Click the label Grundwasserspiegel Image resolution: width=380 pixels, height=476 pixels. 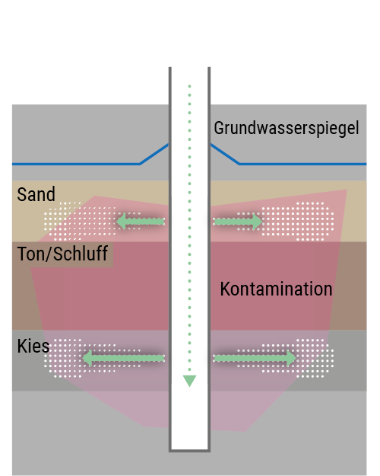pyautogui.click(x=287, y=128)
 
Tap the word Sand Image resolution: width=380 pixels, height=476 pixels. pyautogui.click(x=36, y=194)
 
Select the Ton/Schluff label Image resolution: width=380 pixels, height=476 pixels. pyautogui.click(x=62, y=254)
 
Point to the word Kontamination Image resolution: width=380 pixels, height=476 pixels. pyautogui.click(x=276, y=289)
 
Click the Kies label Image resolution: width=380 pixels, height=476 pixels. pyautogui.click(x=33, y=346)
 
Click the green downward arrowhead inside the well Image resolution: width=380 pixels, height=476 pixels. pyautogui.click(x=189, y=380)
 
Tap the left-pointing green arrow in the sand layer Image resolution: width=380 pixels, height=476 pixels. pyautogui.click(x=141, y=222)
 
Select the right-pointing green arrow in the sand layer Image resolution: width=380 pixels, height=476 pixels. pyautogui.click(x=238, y=222)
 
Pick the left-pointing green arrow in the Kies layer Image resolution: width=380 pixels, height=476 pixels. pyautogui.click(x=123, y=358)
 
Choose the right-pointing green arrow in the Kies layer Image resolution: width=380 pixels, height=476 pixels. pyautogui.click(x=255, y=358)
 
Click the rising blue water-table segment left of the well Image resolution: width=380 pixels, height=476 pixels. pyautogui.click(x=154, y=154)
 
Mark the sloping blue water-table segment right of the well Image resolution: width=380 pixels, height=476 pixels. pyautogui.click(x=225, y=154)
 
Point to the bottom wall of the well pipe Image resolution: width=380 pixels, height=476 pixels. pyautogui.click(x=189, y=451)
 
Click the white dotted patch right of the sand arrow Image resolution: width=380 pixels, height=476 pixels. pyautogui.click(x=298, y=222)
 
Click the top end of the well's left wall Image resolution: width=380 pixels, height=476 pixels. pyautogui.click(x=170, y=67)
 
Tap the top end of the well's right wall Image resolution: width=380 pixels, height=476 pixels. pyautogui.click(x=209, y=67)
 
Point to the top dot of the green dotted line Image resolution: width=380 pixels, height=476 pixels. pyautogui.click(x=190, y=86)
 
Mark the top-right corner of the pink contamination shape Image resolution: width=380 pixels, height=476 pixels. pyautogui.click(x=347, y=190)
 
